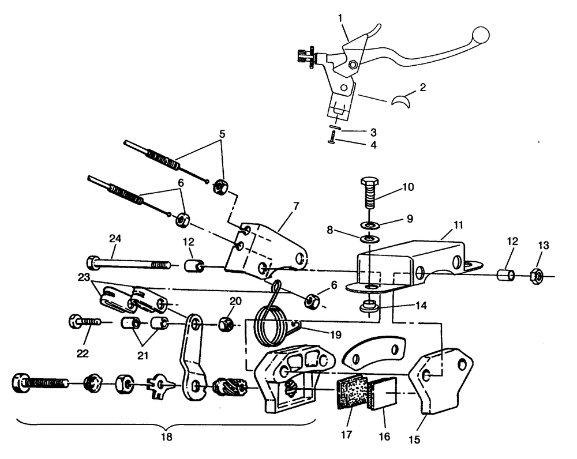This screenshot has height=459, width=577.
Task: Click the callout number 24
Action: point(115,239)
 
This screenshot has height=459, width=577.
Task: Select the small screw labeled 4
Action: point(334,139)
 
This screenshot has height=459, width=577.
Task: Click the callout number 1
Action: point(340,18)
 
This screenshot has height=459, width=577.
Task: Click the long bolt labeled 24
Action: point(130,264)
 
